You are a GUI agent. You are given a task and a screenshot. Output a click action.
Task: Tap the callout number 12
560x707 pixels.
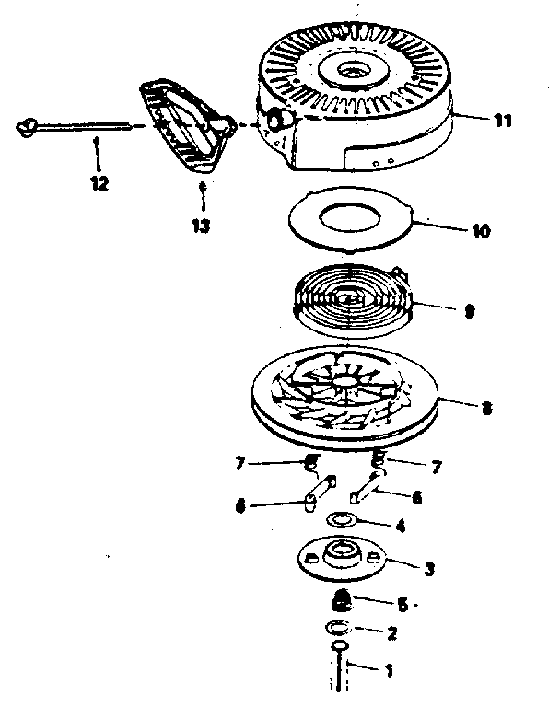(x=99, y=183)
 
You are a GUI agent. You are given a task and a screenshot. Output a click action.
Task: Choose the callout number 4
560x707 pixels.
(x=398, y=527)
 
